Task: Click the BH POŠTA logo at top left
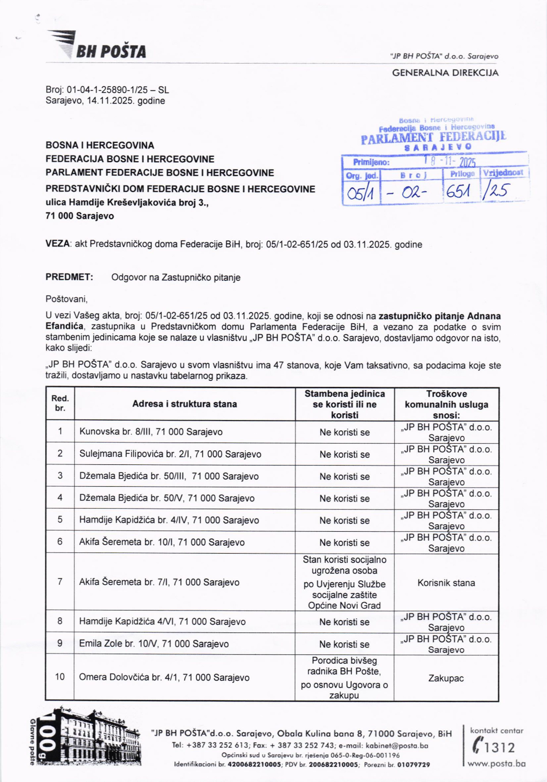point(97,46)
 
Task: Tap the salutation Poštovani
point(66,299)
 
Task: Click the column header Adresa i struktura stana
point(184,404)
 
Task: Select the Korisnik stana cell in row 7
point(446,583)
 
